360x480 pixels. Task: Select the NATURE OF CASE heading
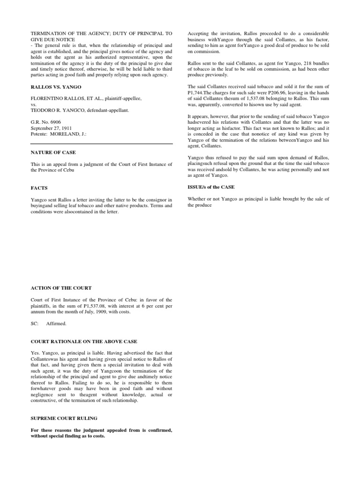click(x=52, y=152)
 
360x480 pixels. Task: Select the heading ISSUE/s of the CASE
click(x=211, y=187)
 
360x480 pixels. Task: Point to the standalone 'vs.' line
click(x=33, y=105)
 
